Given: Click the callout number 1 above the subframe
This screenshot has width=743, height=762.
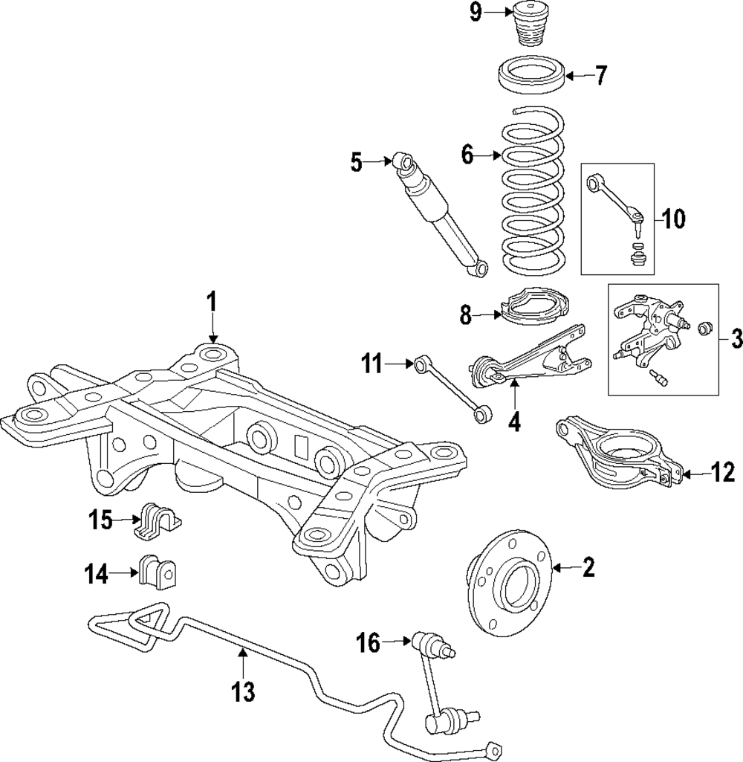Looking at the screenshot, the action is tap(211, 303).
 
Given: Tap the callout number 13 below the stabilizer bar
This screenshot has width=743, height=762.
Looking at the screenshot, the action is tap(243, 691).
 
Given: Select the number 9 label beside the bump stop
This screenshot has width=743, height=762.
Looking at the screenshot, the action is tap(476, 13).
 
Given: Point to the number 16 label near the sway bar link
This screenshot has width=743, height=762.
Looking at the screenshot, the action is tap(368, 643).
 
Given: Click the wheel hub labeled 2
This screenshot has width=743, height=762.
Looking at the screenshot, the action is tap(507, 583).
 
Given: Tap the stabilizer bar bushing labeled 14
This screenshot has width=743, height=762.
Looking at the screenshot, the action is tap(158, 570).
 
